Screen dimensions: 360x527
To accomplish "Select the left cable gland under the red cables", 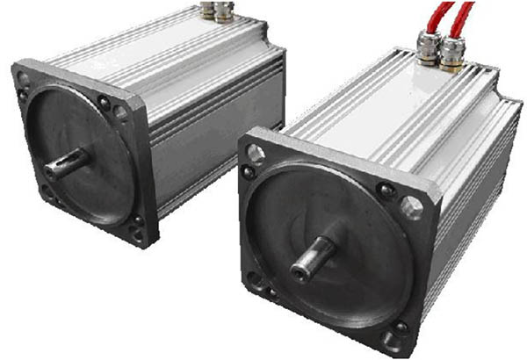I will [430, 48].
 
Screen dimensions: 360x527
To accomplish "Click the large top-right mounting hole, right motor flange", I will [411, 208].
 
